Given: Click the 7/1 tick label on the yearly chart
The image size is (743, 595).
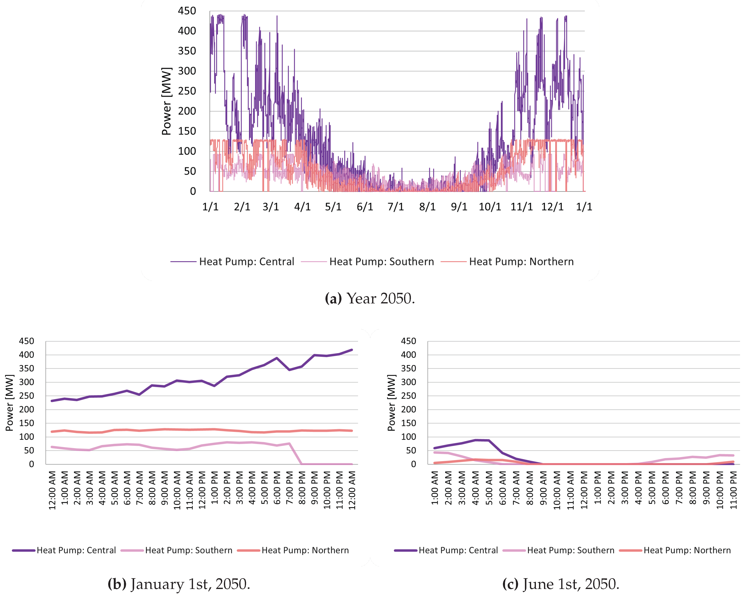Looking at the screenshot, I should pos(395,207).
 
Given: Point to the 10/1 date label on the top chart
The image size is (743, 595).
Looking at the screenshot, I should pos(489,207).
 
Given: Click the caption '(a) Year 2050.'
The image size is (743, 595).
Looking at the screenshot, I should pos(370,298).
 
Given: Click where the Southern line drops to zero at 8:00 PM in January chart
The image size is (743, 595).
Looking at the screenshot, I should pos(302,464).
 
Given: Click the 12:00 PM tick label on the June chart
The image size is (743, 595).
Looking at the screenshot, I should pos(584,489).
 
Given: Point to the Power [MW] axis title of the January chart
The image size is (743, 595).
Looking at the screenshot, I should pos(10,403).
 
